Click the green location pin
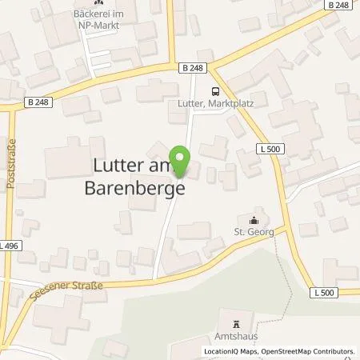[x=181, y=163]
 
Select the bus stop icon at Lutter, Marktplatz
[x=214, y=92]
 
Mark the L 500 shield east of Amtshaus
[x=324, y=294]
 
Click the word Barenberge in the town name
[x=134, y=190]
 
